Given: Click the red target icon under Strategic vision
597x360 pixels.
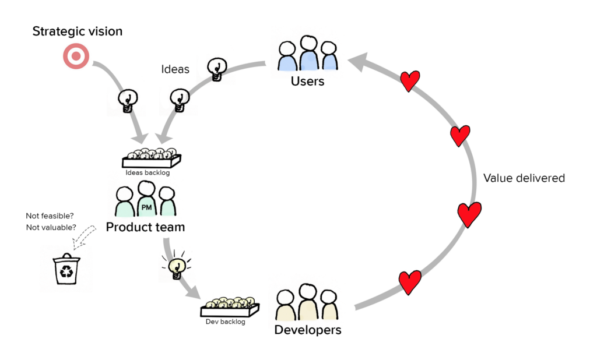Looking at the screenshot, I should pos(76,57).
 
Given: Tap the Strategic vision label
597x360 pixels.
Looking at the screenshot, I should pos(78,31).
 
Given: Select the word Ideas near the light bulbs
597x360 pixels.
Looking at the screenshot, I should pos(175,69).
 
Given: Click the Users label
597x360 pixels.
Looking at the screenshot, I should pos(307,82).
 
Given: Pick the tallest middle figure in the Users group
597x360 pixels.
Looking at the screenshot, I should pos(308,54).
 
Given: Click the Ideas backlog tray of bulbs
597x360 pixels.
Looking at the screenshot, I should pos(152,157).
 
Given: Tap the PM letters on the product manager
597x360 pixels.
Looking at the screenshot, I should pos(147,207).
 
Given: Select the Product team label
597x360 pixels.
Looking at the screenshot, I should pos(145,227).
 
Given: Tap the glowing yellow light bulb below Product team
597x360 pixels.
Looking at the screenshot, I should pos(177,267).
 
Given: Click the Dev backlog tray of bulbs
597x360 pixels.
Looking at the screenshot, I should pos(229,305).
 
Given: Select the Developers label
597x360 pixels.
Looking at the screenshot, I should pos(308,330).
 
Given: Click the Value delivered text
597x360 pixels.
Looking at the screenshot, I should pos(524,178).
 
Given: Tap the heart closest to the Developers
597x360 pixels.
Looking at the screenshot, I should pos(410,282).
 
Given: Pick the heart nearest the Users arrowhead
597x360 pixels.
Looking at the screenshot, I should pos(410,81).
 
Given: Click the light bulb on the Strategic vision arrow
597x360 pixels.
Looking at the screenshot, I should pos(128,100).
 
